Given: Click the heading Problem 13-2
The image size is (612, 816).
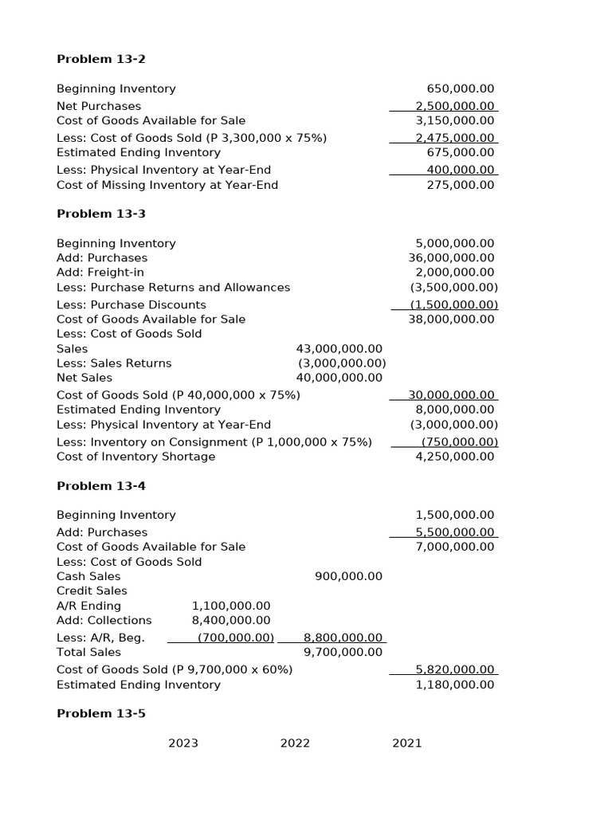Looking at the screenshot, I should [101, 59].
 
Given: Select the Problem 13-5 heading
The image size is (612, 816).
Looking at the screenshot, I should [101, 713].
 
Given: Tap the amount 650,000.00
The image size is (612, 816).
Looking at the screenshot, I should [461, 88].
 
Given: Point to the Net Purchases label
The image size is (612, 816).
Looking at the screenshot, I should [99, 106].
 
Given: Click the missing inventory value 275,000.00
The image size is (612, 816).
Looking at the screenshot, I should [461, 185].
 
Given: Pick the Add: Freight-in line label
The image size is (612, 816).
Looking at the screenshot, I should [100, 273].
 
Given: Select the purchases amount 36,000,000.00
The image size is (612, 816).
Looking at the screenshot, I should [451, 257].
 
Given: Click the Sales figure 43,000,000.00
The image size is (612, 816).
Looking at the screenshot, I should [339, 348].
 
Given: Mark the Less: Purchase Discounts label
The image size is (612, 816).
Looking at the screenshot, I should [131, 304].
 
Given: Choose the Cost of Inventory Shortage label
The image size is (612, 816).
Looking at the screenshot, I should [135, 457].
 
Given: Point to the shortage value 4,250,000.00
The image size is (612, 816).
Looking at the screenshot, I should [455, 457].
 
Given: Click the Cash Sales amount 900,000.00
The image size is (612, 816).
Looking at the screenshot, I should [348, 576].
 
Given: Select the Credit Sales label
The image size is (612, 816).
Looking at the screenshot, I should [92, 590].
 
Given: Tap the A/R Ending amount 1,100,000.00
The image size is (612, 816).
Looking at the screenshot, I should [231, 606].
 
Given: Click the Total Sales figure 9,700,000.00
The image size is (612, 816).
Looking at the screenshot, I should [343, 652].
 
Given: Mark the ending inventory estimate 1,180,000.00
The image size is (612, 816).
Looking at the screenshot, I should [455, 685].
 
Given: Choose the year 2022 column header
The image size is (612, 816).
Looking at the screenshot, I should [295, 743].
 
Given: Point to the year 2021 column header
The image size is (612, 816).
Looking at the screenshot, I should [406, 743].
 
